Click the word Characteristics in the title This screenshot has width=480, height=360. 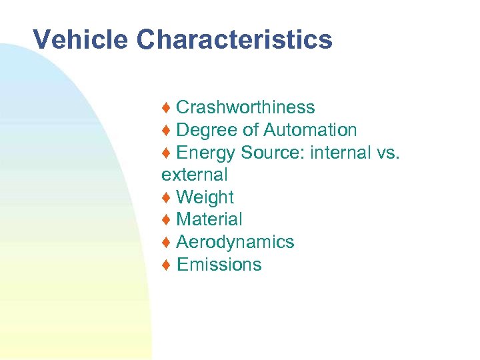(x=235, y=40)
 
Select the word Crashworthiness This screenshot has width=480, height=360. (x=245, y=107)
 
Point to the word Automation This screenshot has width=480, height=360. (x=310, y=130)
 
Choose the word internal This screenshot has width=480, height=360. (x=339, y=153)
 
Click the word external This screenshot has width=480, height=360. (x=194, y=175)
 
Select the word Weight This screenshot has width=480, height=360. (x=205, y=197)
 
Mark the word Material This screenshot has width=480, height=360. (x=209, y=219)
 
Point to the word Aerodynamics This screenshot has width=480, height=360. (x=235, y=242)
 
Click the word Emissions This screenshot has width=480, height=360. (x=219, y=265)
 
